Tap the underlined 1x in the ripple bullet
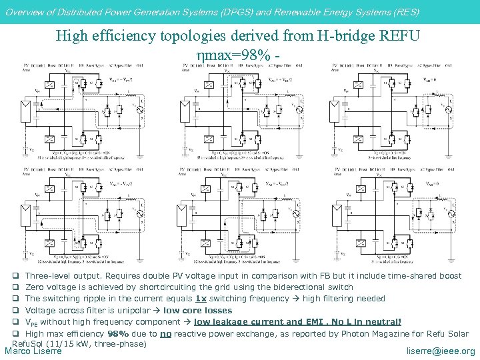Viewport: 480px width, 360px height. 200,299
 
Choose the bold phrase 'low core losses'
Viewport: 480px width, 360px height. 197,311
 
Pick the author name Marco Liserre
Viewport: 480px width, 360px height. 33,351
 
